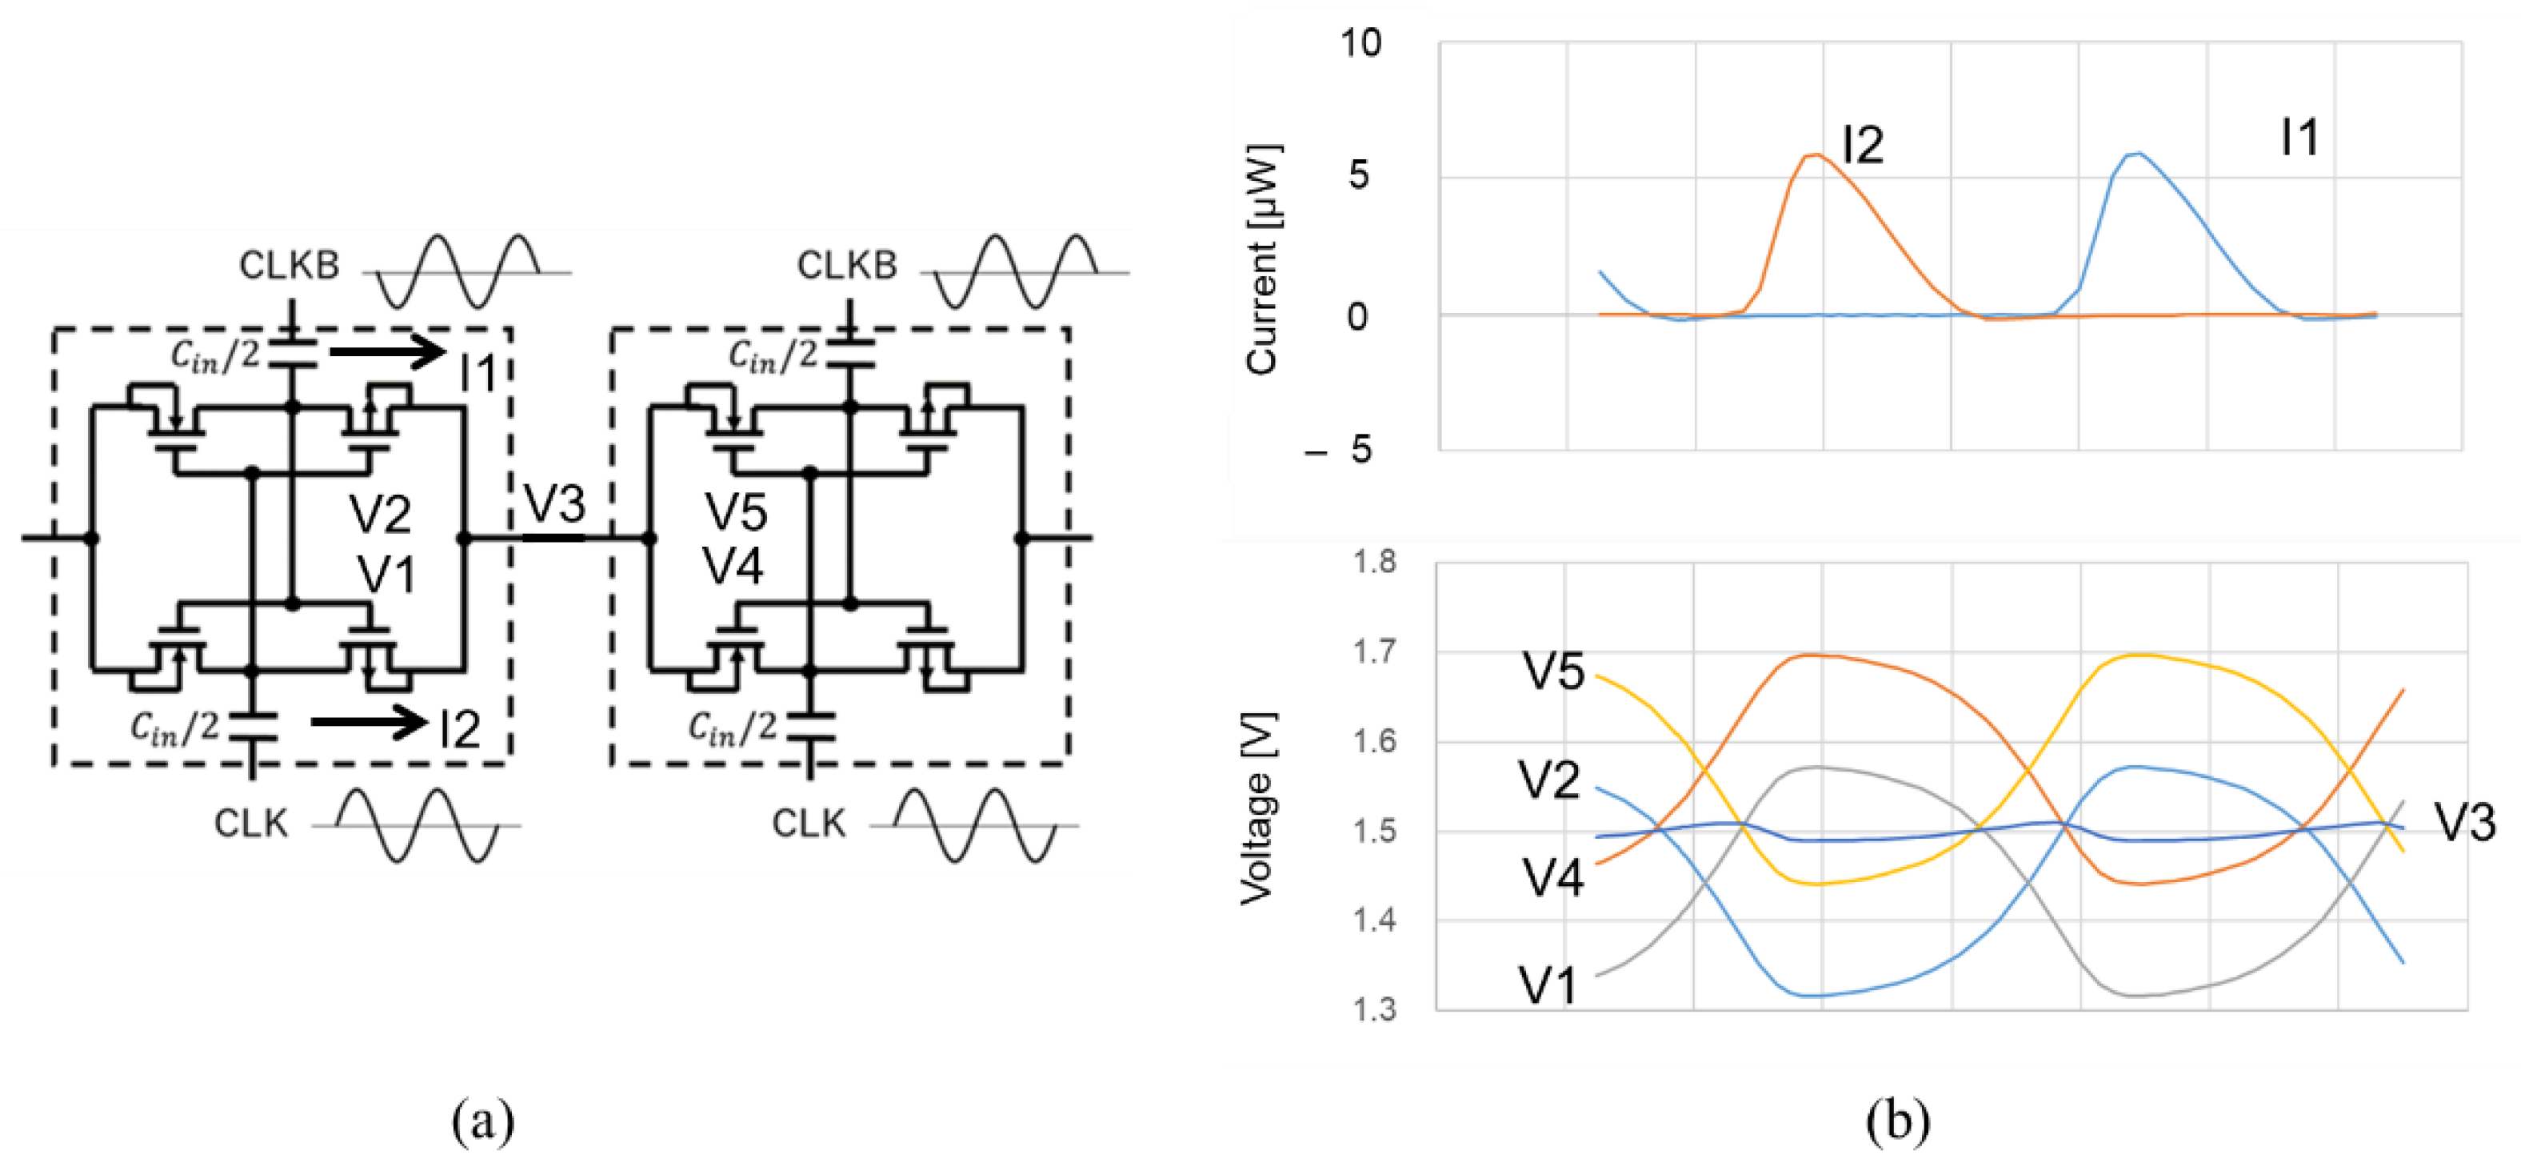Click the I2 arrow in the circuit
click(x=367, y=723)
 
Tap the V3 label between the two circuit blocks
click(x=555, y=504)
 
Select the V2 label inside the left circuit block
click(x=381, y=514)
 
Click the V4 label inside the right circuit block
click(x=734, y=566)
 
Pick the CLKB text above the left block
click(x=290, y=265)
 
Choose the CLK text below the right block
click(x=809, y=824)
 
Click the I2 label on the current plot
click(x=1863, y=146)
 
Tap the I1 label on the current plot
click(x=2299, y=138)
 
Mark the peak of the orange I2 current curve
click(x=1816, y=154)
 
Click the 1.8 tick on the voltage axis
click(x=1374, y=562)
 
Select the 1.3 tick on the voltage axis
click(x=1374, y=1009)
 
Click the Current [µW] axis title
click(x=1262, y=259)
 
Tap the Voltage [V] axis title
click(x=1257, y=810)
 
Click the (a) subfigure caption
click(x=482, y=1122)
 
